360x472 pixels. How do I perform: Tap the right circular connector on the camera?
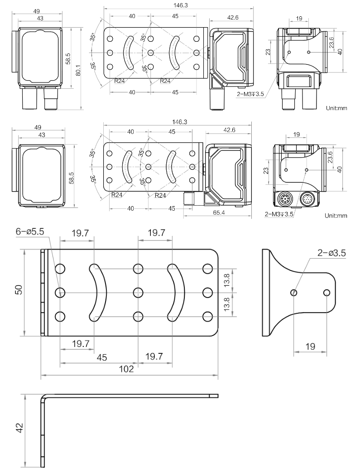pyautogui.click(x=307, y=199)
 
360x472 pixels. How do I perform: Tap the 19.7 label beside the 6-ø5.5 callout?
pyautogui.click(x=81, y=234)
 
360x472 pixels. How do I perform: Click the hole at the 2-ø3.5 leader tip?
pyautogui.click(x=294, y=293)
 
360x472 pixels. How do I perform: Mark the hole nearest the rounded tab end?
pyautogui.click(x=326, y=293)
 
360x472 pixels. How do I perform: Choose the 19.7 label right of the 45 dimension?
pyautogui.click(x=154, y=356)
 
